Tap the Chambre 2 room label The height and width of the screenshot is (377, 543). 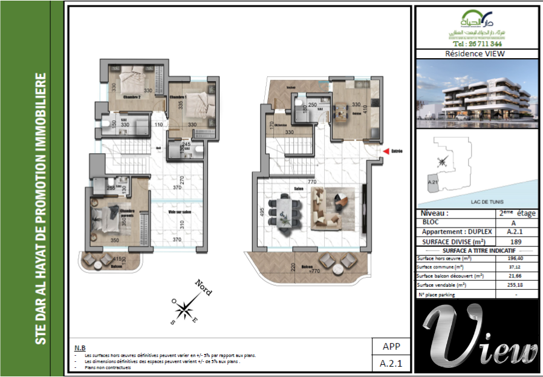pos(132,97)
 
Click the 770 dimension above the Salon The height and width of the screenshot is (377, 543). pos(312,182)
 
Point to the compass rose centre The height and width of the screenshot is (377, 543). pos(183,310)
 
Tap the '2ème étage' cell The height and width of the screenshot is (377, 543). pos(517,214)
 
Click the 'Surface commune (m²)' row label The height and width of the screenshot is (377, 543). pos(440,267)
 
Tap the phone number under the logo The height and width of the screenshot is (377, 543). pos(476,44)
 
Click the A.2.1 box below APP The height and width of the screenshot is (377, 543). pos(391,364)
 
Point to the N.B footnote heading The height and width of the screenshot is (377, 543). pos(79,348)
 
